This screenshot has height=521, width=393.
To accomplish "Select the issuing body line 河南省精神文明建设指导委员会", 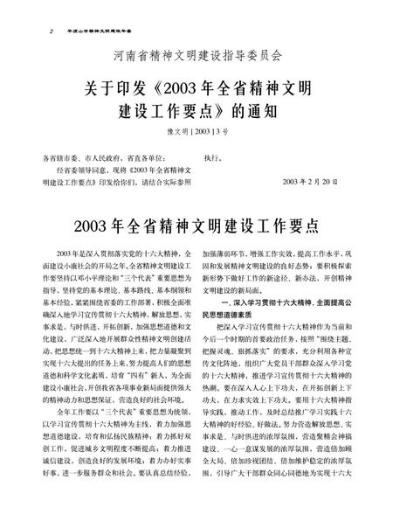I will coord(197,57).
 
